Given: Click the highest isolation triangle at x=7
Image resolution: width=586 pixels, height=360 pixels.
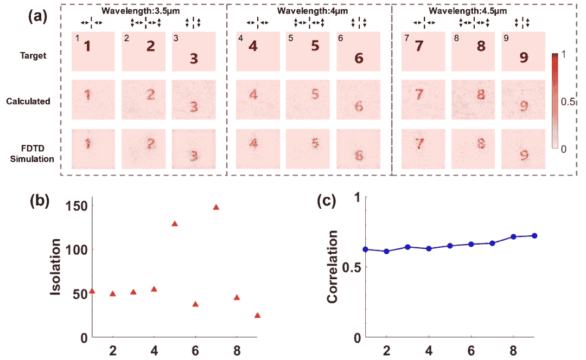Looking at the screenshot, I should click(216, 207).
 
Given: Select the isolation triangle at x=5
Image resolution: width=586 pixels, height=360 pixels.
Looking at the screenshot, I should click(175, 223).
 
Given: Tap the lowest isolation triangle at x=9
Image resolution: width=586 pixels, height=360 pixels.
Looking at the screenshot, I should click(257, 315).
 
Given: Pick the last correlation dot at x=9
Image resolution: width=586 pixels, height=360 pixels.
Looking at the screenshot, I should click(535, 235).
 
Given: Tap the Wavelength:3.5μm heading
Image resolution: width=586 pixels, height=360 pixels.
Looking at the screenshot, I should click(142, 10).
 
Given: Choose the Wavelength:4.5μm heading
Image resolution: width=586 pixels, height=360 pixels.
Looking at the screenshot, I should click(468, 10).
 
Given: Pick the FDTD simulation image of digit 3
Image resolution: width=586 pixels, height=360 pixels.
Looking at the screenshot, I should click(194, 149).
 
